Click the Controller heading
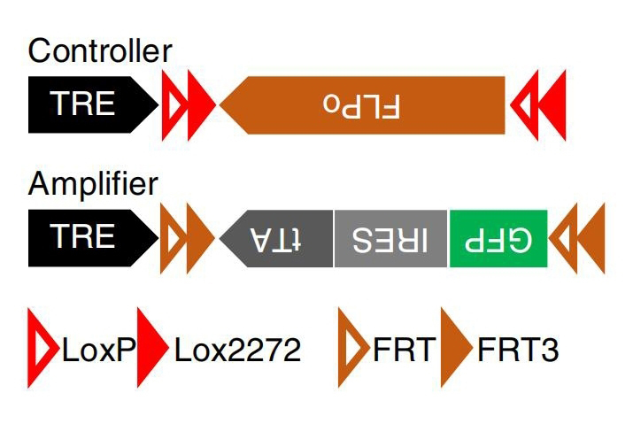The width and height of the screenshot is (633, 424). [x=99, y=50]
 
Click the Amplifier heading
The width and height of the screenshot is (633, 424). [x=93, y=184]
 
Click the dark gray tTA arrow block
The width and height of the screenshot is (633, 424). [x=279, y=238]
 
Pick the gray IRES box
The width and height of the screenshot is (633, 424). [x=390, y=238]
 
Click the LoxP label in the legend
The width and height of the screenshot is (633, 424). [x=96, y=351]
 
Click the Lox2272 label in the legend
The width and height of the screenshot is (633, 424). [x=237, y=351]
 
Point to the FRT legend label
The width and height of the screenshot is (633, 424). [x=405, y=351]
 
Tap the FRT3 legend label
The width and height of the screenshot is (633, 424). [x=518, y=351]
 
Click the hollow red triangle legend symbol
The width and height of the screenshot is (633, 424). [x=41, y=349]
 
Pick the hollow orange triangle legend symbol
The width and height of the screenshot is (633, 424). [x=351, y=349]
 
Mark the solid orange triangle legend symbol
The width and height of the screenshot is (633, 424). [x=455, y=349]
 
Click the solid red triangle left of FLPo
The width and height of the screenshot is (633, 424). [x=199, y=105]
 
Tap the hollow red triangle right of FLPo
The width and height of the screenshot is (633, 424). [x=525, y=105]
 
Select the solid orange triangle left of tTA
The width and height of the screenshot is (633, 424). [x=198, y=238]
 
